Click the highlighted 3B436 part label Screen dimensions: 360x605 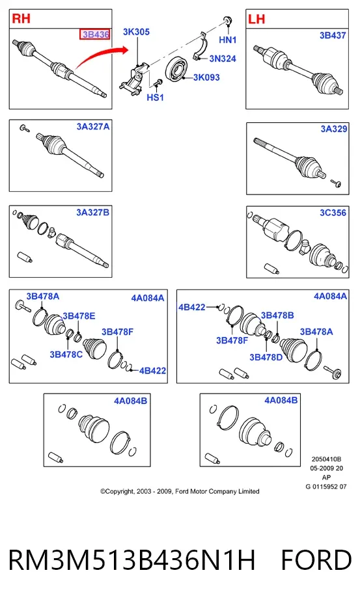tap(95, 34)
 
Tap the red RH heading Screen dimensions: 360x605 tap(21, 18)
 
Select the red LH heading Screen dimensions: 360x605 tap(256, 19)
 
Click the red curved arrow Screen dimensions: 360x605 tap(101, 57)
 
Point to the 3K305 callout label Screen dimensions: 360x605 tap(136, 32)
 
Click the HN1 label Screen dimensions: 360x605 tap(227, 40)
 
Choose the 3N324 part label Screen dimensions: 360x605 tap(223, 59)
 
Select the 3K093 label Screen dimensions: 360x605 tap(206, 77)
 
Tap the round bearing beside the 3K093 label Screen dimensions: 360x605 tap(176, 69)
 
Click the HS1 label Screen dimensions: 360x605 tap(156, 97)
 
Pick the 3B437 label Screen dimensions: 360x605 tap(333, 36)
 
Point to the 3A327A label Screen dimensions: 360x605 tap(92, 127)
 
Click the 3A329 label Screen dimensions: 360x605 tap(334, 129)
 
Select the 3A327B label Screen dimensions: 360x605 tap(92, 213)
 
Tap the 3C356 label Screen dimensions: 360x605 tap(333, 213)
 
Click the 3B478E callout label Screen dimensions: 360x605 tap(79, 316)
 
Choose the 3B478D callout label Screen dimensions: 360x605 tap(266, 357)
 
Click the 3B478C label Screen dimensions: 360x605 tap(66, 354)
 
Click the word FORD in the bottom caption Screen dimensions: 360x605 tap(316, 560)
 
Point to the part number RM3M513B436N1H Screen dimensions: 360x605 tap(132, 560)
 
